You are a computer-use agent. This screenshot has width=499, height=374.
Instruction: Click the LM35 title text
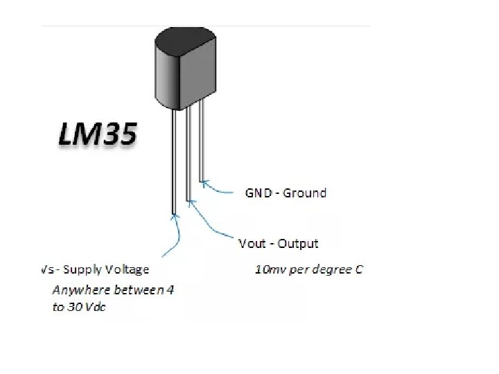pos(96,133)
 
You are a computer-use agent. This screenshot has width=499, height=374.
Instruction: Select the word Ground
pos(304,193)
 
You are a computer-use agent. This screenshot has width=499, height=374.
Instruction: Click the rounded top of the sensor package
pos(184,35)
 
